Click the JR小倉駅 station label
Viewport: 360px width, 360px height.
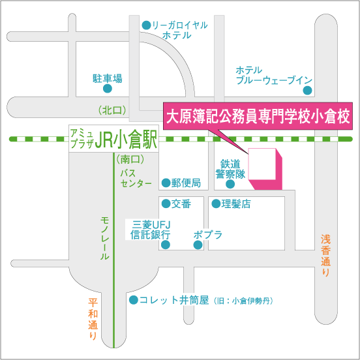126,139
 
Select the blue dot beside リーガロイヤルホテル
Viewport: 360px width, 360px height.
146,25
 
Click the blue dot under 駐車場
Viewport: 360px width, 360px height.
107,89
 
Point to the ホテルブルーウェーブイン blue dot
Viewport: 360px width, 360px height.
307,90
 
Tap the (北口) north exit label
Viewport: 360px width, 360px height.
112,111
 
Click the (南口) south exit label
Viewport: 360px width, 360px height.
130,159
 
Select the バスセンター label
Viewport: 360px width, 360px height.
136,179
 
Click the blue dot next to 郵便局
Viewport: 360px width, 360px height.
166,183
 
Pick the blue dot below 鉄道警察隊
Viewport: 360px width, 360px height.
230,184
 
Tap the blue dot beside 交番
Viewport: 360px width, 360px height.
166,203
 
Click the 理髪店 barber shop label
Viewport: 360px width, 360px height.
236,204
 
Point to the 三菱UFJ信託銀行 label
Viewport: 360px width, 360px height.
151,230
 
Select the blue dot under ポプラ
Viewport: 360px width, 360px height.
198,245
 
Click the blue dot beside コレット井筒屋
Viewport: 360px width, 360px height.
134,300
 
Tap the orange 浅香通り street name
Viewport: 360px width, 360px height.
326,255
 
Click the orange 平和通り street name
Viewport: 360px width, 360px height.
93,319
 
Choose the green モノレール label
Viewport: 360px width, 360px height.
105,238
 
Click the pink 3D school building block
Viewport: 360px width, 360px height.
265,169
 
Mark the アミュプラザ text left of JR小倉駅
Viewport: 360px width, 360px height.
82,139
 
